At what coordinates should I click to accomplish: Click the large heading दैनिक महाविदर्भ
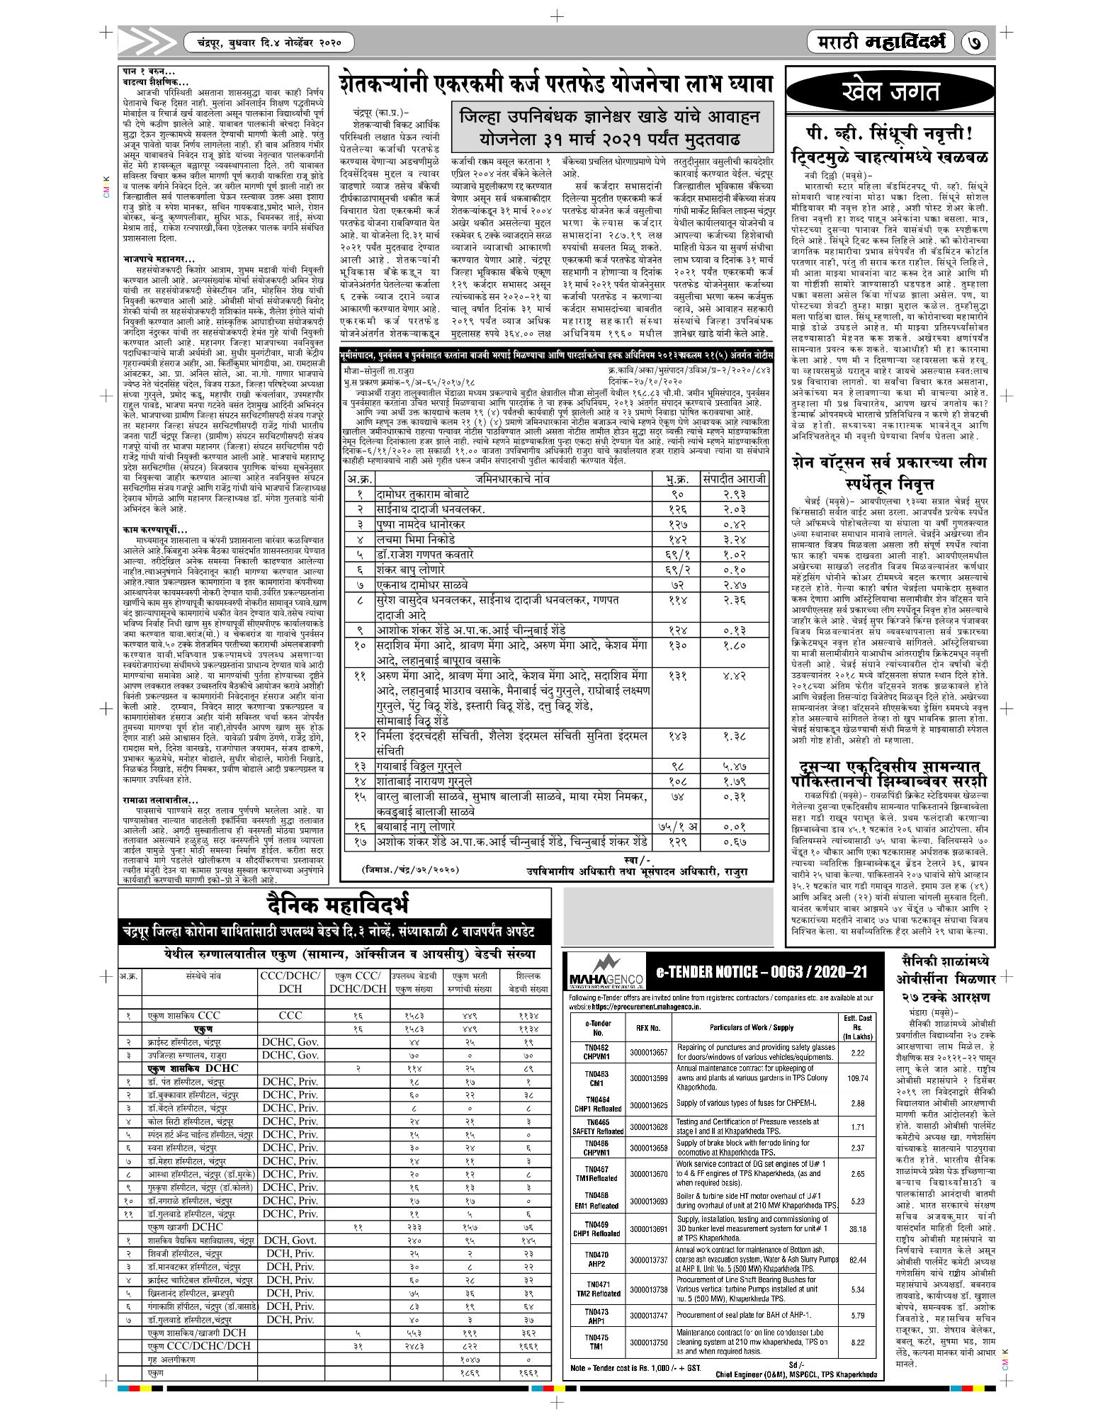[x=336, y=905]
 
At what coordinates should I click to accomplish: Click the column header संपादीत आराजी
[x=734, y=479]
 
